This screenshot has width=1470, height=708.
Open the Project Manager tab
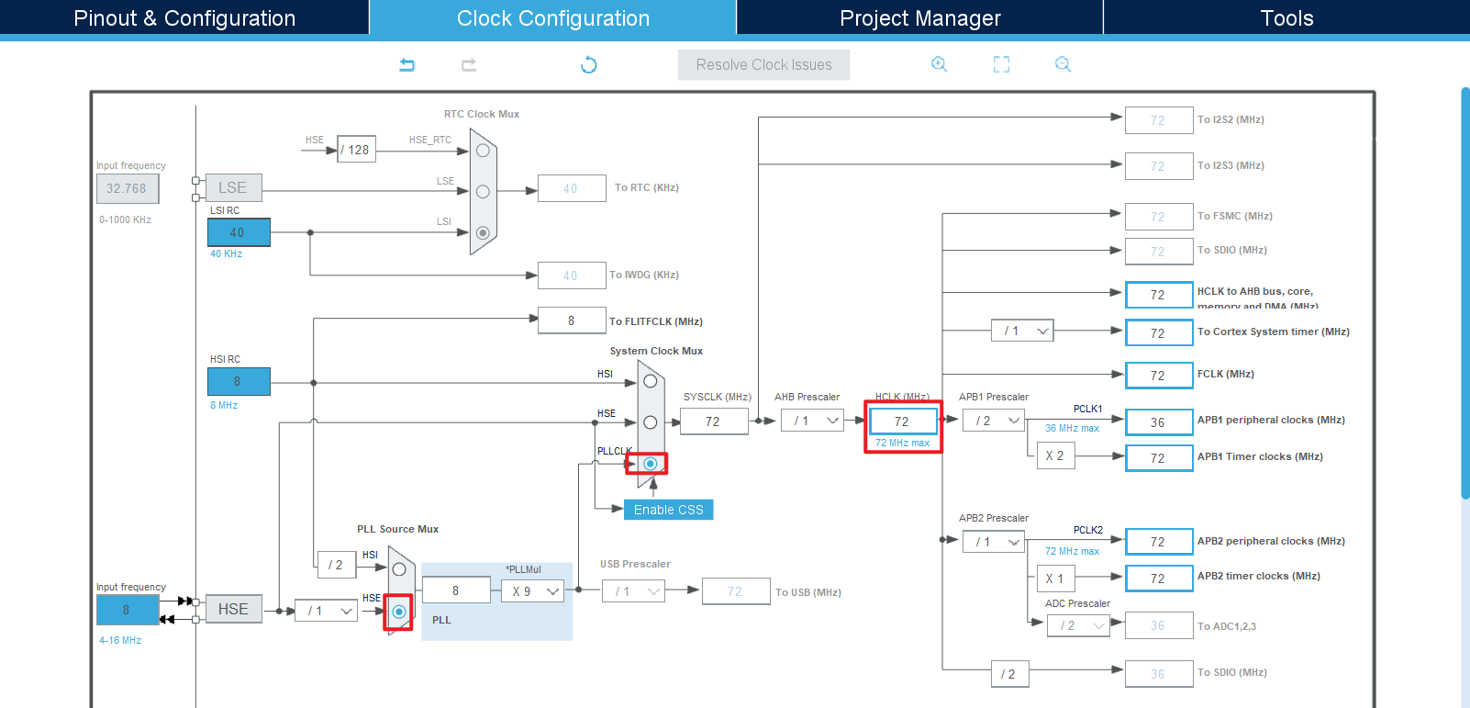[919, 18]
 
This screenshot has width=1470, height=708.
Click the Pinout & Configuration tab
[184, 18]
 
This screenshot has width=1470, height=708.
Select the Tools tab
[1286, 18]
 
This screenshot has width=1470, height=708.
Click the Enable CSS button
[668, 510]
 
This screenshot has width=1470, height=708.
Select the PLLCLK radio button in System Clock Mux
[650, 464]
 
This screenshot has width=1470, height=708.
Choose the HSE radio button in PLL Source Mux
[399, 612]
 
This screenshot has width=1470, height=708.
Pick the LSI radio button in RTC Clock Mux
[483, 233]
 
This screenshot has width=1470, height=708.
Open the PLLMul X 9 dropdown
[533, 591]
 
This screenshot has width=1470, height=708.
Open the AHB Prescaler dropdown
[812, 421]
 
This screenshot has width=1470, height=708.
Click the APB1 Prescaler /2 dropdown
[994, 421]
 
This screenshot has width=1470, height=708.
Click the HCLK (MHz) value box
[903, 421]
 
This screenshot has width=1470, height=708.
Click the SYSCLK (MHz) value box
[713, 421]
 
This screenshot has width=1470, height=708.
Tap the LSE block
[233, 187]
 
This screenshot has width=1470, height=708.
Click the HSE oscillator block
[233, 609]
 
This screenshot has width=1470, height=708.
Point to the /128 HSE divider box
[356, 150]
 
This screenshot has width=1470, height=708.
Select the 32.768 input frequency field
[127, 188]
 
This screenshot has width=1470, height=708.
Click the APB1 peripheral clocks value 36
[1158, 422]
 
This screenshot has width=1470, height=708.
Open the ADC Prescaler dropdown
[1078, 625]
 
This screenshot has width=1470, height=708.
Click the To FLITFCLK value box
[572, 320]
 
